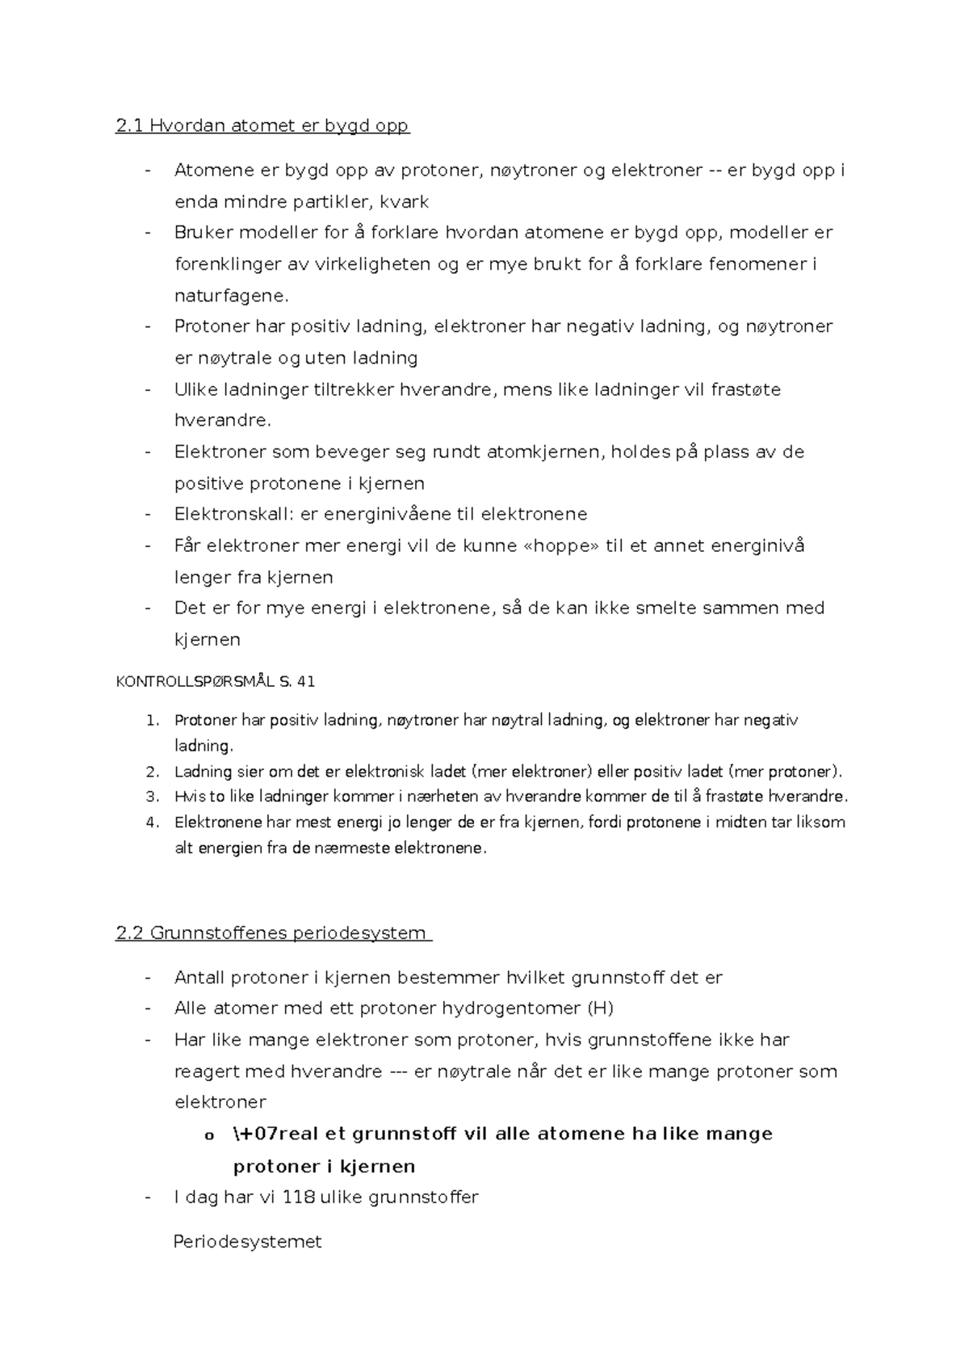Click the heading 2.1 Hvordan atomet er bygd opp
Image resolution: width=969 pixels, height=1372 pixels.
click(x=262, y=125)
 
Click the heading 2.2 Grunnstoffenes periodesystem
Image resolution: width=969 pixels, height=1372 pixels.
click(x=272, y=933)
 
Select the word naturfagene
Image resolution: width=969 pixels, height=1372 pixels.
click(x=230, y=296)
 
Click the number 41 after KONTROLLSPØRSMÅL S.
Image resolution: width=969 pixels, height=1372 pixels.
click(x=306, y=681)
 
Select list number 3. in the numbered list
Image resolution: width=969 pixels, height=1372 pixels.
click(x=153, y=797)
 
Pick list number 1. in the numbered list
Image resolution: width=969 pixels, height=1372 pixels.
click(x=153, y=720)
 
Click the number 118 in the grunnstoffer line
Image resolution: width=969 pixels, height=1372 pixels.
click(x=299, y=1197)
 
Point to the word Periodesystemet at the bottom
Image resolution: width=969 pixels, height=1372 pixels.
click(x=247, y=1242)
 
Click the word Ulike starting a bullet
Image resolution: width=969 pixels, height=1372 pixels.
click(x=196, y=389)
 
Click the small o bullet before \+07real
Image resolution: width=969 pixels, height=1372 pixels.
click(x=208, y=1135)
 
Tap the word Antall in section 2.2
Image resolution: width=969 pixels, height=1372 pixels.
click(x=199, y=978)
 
